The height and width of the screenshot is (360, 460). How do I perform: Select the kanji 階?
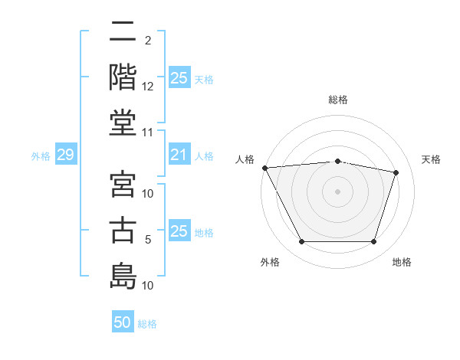coord(123,77)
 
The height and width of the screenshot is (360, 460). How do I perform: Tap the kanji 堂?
coord(123,123)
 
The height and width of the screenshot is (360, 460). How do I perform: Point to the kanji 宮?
coord(123,184)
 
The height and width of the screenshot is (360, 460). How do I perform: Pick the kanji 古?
coord(123,230)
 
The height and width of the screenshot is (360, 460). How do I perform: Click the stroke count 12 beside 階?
coord(148,87)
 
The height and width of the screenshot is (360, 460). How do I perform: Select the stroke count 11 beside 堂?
coord(148,133)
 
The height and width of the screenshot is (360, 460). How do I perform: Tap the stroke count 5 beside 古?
coord(148,240)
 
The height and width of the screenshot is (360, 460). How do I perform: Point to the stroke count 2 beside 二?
coord(148,40)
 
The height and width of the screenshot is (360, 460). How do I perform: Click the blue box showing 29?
coord(65,155)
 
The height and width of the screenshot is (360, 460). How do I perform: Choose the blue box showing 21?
coord(179,155)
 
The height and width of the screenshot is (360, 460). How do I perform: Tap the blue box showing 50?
coord(123,322)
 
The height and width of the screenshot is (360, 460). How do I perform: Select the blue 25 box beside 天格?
coord(179,78)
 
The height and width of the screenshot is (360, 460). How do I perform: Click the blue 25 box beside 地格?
coord(179,231)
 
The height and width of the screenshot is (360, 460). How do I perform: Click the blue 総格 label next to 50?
coord(147,324)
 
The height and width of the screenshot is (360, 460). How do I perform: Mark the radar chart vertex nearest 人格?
coord(264,168)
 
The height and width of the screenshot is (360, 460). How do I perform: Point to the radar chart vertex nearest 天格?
coord(396,173)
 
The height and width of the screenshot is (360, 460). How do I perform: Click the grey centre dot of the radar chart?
coord(337,191)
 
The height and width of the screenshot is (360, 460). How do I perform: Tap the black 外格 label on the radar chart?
coord(270,262)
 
